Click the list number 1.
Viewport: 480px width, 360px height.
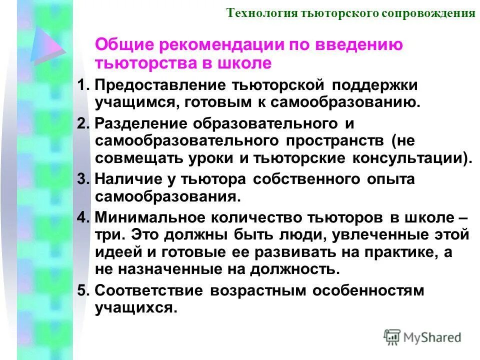pyautogui.click(x=83, y=85)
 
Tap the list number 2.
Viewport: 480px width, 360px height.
pyautogui.click(x=83, y=123)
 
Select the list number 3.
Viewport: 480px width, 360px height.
pyautogui.click(x=83, y=179)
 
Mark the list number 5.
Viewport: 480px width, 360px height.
pyautogui.click(x=83, y=290)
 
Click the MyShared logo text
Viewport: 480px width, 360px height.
pyautogui.click(x=432, y=337)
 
